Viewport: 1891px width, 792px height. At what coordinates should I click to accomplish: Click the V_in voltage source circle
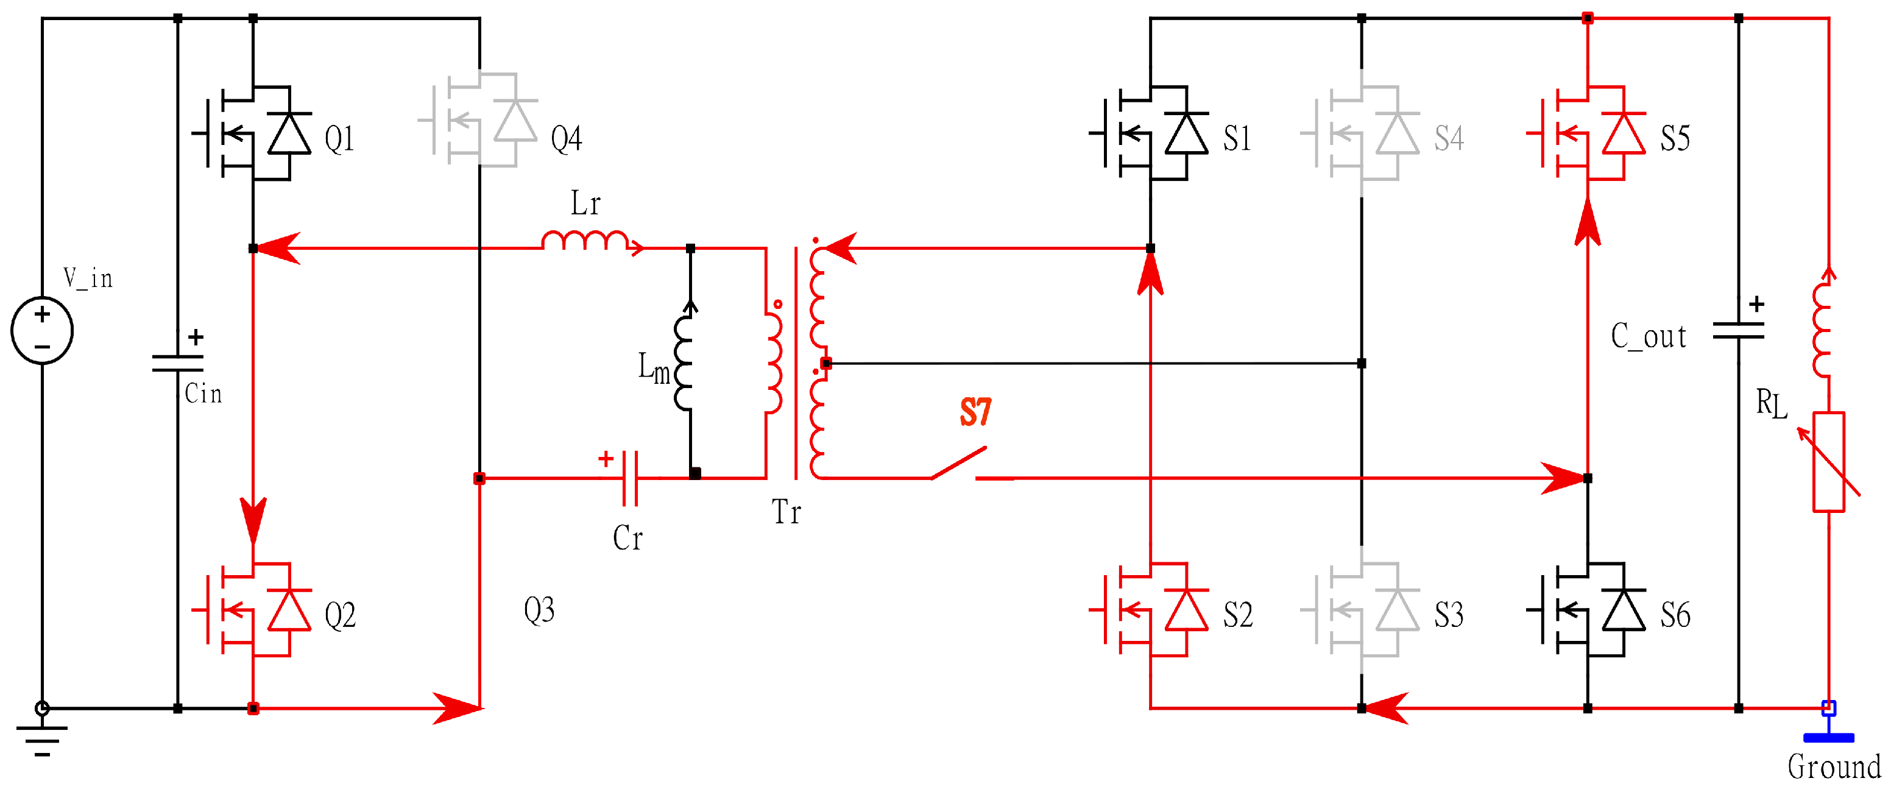[x=42, y=330]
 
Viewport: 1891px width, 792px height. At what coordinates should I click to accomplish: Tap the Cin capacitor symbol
[x=178, y=363]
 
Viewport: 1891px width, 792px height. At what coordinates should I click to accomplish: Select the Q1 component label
[x=340, y=139]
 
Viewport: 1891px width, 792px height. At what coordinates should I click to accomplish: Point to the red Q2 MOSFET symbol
[x=254, y=609]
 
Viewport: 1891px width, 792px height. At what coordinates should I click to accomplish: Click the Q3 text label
[x=539, y=610]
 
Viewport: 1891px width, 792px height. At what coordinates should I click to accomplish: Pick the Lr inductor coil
[x=585, y=241]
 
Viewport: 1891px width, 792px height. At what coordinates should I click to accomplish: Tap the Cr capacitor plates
[x=630, y=479]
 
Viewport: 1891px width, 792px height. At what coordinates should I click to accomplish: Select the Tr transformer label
[x=785, y=512]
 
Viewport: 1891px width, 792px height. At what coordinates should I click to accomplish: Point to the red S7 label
[x=975, y=412]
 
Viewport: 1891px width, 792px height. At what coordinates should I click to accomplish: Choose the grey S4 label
[x=1448, y=139]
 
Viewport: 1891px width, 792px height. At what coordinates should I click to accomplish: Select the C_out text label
[x=1648, y=336]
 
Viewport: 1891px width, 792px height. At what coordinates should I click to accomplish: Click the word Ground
[x=1834, y=767]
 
